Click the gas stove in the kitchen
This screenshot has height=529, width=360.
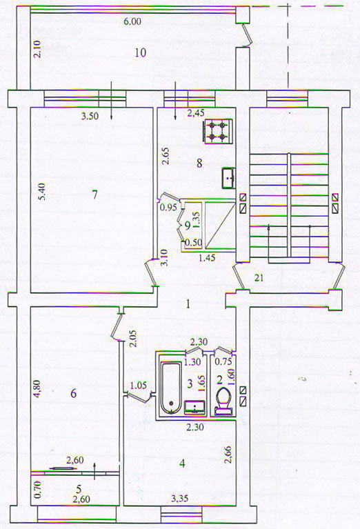point(218,131)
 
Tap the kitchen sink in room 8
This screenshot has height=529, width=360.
point(229,178)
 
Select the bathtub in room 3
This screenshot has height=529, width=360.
point(171,388)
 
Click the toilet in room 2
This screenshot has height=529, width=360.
point(223,401)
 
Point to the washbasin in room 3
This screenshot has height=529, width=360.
point(194,407)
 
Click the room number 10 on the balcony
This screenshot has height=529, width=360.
point(141,52)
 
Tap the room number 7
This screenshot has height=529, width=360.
point(94,194)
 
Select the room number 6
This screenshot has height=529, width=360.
point(73,393)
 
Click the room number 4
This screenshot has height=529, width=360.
point(182,463)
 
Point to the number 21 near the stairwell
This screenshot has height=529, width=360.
point(259,278)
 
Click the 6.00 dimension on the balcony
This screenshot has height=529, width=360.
point(132,21)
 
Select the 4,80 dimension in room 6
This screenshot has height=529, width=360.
point(37,390)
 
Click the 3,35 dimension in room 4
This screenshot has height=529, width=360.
point(179,498)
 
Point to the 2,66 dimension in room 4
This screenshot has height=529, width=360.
point(228,454)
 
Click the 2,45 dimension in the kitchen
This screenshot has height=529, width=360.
point(196,113)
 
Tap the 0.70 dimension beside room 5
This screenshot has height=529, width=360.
point(37,490)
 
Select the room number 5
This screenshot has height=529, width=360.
point(79,488)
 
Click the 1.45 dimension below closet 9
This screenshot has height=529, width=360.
point(208,258)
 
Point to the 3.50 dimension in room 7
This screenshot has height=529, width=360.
point(90,117)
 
